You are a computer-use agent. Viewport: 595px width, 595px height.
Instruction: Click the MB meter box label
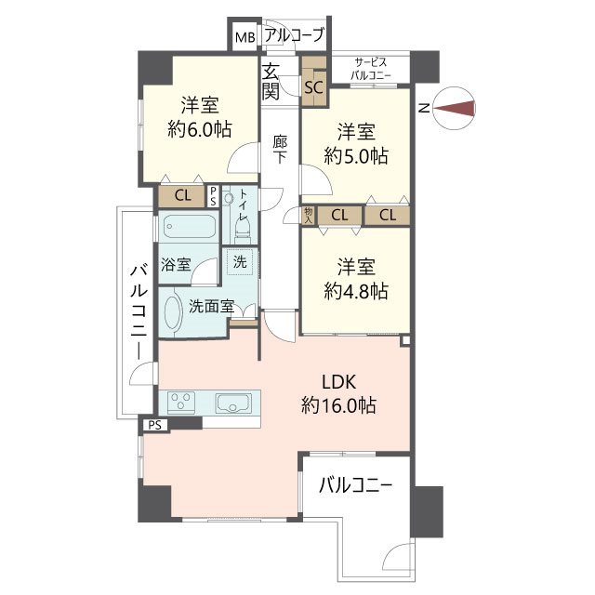(x=245, y=37)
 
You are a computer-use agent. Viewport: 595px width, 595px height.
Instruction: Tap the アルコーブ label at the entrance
(x=295, y=35)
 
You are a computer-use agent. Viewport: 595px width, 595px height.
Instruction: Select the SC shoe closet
(x=314, y=87)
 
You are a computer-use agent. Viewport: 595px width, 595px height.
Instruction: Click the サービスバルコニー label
(x=370, y=69)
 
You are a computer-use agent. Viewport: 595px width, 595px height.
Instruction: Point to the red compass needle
(x=455, y=108)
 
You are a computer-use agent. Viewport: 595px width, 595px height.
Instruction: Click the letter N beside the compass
(x=424, y=108)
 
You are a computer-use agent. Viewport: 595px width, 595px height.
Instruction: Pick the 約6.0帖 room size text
(x=200, y=130)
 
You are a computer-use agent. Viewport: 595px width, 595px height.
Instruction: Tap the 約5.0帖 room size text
(x=356, y=155)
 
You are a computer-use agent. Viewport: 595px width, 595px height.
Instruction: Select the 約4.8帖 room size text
(x=356, y=291)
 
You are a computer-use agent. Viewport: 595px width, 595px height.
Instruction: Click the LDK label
(x=338, y=382)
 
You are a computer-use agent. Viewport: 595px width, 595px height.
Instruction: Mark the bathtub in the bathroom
(x=190, y=227)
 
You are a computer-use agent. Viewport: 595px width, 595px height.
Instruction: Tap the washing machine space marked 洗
(x=240, y=262)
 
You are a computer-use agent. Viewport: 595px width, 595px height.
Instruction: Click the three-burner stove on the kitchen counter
(x=181, y=403)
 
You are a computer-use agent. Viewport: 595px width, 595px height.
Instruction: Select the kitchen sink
(x=233, y=403)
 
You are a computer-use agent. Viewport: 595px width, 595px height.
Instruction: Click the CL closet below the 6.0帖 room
(x=183, y=196)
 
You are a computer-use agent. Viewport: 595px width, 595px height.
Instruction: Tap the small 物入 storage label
(x=308, y=215)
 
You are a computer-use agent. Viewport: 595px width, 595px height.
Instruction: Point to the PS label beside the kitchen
(x=155, y=425)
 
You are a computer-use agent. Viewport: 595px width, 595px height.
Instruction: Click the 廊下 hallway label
(x=280, y=149)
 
